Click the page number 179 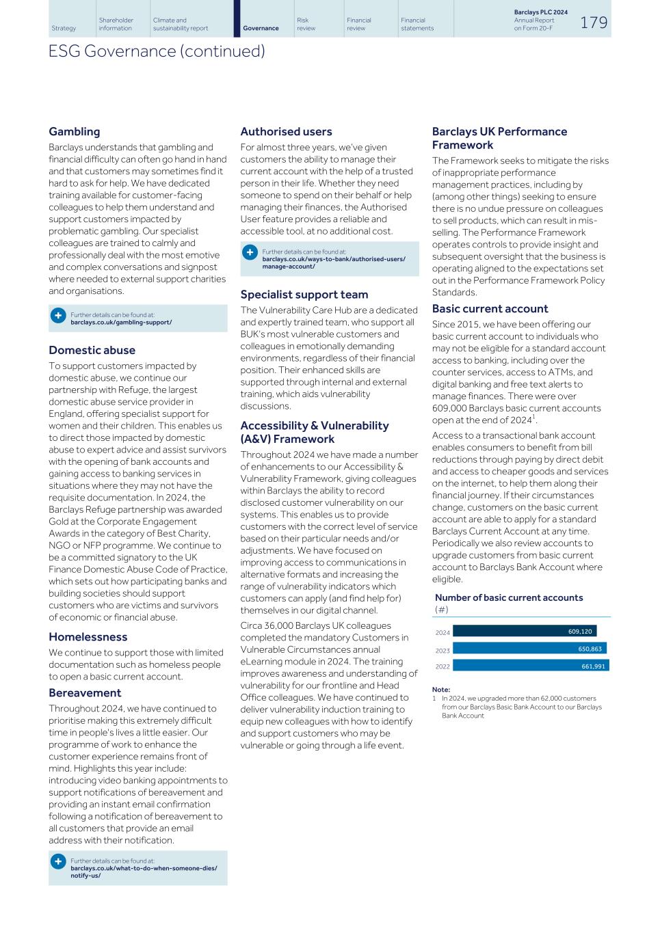click(593, 23)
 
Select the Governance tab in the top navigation click(261, 28)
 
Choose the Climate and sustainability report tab click(181, 24)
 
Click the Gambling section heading click(74, 131)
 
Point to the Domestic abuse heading click(92, 350)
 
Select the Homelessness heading click(88, 637)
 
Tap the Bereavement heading click(85, 692)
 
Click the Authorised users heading click(286, 131)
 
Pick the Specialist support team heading click(304, 295)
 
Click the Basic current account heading click(490, 309)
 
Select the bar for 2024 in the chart click(524, 632)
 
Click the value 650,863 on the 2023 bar click(590, 649)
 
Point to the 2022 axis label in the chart click(443, 666)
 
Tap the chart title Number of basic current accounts click(509, 597)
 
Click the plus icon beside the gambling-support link click(58, 315)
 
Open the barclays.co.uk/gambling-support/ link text click(121, 322)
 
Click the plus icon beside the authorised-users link click(250, 252)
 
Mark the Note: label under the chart click(441, 690)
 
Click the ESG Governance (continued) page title click(157, 51)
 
